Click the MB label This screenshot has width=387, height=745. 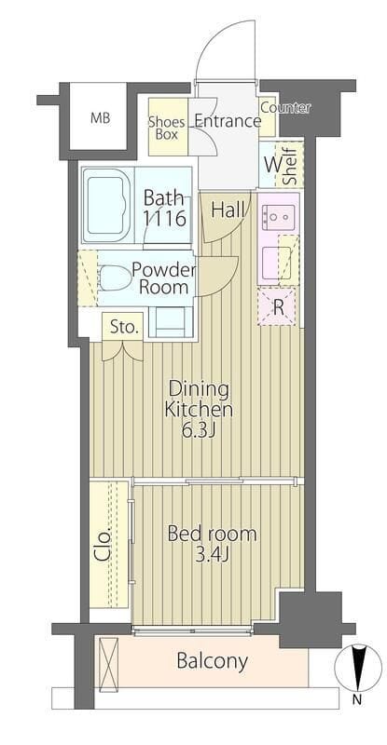(x=101, y=118)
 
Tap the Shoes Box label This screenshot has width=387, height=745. (x=166, y=128)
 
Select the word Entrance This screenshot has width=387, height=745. (x=228, y=121)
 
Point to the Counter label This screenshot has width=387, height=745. (x=285, y=108)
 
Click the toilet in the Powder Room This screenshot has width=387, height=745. (x=116, y=278)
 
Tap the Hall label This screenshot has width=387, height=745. (x=228, y=210)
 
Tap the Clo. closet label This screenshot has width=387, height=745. (x=105, y=545)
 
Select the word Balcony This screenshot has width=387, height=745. (x=213, y=661)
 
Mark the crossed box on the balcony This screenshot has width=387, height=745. (x=108, y=663)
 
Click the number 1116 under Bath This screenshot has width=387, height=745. (x=165, y=219)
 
